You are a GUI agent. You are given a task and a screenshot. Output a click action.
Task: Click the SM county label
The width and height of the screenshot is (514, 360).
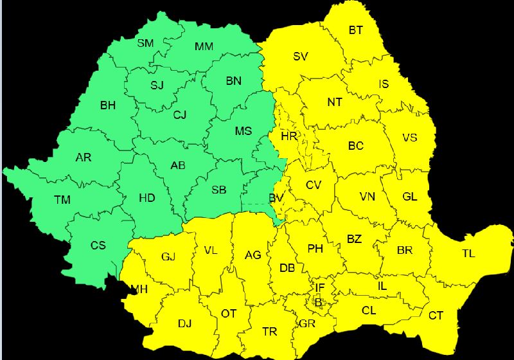pyautogui.click(x=145, y=44)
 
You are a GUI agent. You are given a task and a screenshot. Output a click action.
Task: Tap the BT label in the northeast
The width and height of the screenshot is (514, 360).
pyautogui.click(x=356, y=30)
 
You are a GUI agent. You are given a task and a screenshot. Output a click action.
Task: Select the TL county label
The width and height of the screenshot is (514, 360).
pyautogui.click(x=468, y=253)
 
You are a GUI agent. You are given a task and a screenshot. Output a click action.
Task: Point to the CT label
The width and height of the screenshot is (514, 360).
pyautogui.click(x=436, y=315)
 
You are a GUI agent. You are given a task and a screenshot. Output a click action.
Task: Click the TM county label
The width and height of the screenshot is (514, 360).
pyautogui.click(x=62, y=200)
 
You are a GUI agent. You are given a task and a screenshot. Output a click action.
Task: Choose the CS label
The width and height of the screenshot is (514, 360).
pyautogui.click(x=98, y=245)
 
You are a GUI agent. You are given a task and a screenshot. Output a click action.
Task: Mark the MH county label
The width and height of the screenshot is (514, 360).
pyautogui.click(x=139, y=289)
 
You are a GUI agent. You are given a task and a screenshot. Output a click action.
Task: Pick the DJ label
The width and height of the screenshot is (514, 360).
pyautogui.click(x=184, y=323)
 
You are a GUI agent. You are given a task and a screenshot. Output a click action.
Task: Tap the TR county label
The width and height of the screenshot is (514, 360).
pyautogui.click(x=270, y=332)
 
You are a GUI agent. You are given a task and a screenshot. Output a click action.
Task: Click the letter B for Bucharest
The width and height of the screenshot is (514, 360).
pyautogui.click(x=318, y=301)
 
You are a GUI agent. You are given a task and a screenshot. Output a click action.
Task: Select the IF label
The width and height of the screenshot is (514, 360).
pyautogui.click(x=320, y=287)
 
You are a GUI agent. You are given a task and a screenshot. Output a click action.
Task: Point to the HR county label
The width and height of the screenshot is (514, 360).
pyautogui.click(x=289, y=136)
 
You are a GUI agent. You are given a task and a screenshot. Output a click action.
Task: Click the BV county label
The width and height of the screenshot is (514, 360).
pyautogui.click(x=276, y=199)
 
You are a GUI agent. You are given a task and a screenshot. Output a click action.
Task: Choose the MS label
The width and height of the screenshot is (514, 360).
pyautogui.click(x=243, y=131)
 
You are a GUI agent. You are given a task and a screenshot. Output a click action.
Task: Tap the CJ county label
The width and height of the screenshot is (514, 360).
pyautogui.click(x=180, y=115)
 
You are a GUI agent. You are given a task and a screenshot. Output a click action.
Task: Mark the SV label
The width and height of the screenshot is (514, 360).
pyautogui.click(x=301, y=57)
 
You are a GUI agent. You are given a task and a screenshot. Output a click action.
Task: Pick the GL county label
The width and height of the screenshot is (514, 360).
pyautogui.click(x=410, y=197)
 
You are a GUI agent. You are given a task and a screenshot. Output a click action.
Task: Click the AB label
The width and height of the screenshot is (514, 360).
pyautogui.click(x=178, y=165)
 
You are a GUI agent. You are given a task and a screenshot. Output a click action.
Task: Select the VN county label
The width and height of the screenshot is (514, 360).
pyautogui.click(x=368, y=197)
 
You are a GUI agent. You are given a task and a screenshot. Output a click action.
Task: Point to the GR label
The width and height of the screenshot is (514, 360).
pyautogui.click(x=307, y=323)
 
